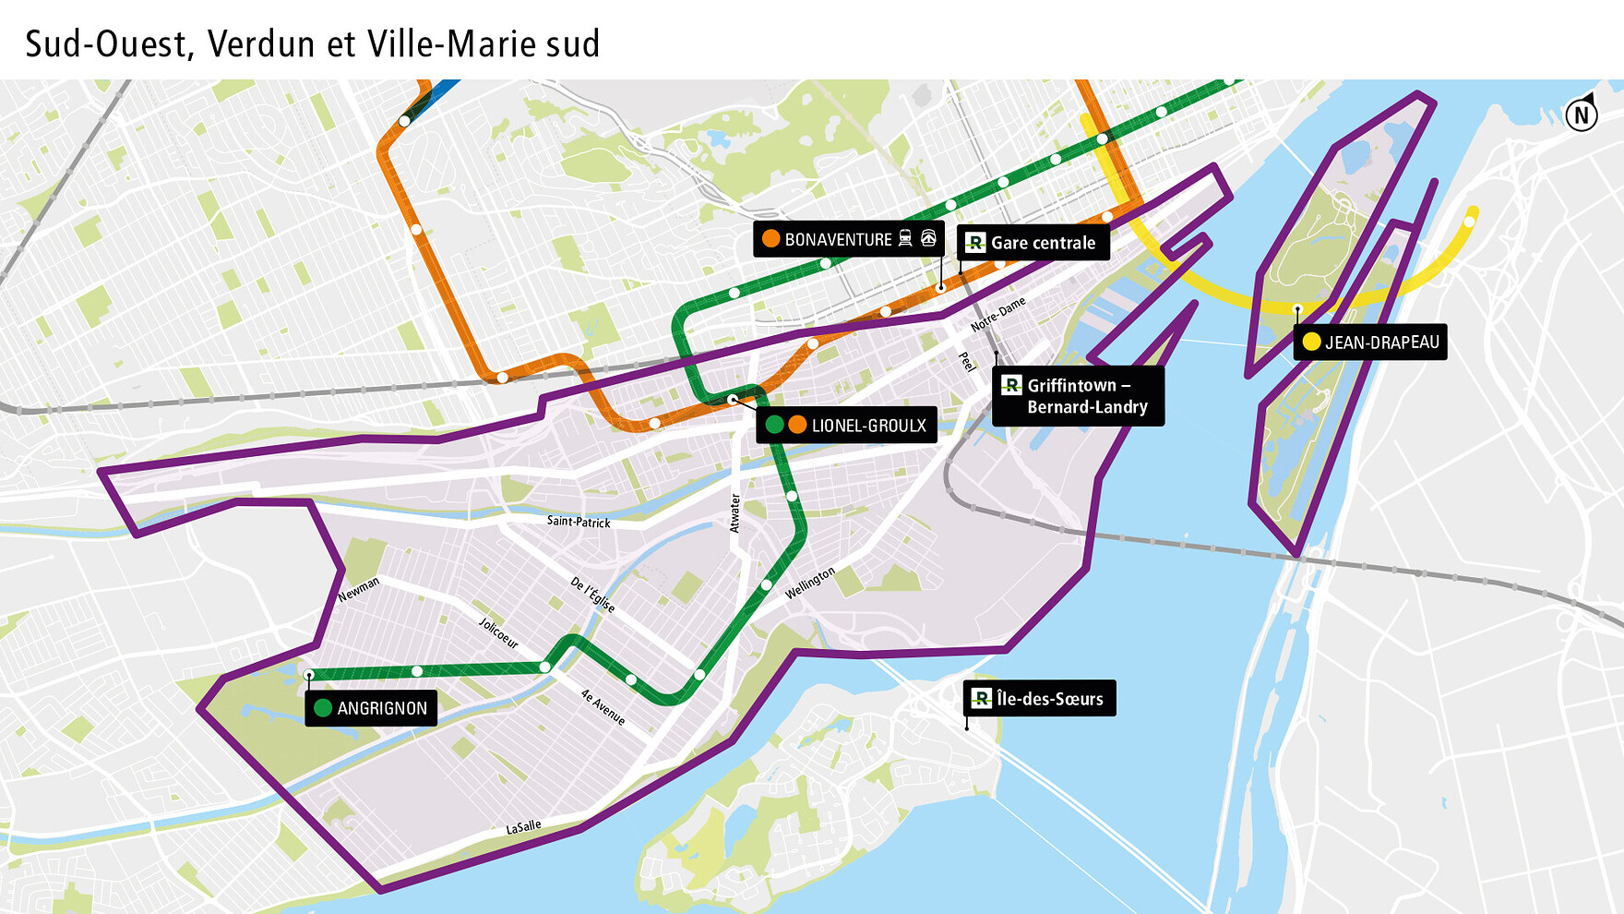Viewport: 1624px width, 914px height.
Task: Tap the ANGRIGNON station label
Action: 371,708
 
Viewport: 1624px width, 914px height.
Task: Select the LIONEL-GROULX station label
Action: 846,426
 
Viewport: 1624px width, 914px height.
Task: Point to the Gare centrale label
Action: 1033,243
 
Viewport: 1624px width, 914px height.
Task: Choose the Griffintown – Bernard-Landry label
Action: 1078,396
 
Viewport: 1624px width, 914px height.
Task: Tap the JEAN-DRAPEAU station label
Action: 1370,343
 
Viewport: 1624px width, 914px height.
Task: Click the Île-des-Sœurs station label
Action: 1040,699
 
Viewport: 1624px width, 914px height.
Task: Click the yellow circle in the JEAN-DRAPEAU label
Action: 1311,343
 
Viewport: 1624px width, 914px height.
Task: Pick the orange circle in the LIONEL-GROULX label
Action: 797,426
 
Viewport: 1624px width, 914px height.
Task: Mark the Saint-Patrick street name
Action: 579,522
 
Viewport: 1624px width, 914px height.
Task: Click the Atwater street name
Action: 735,513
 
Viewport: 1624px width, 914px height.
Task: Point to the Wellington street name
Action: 810,583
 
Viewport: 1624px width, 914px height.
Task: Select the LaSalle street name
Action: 523,827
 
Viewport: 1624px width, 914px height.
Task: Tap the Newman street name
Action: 358,590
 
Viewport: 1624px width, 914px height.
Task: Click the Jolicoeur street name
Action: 498,633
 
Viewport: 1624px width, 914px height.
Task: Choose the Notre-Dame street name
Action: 997,315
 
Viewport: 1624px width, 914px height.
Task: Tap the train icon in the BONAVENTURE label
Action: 905,239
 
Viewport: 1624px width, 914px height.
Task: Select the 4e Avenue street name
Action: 603,707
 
